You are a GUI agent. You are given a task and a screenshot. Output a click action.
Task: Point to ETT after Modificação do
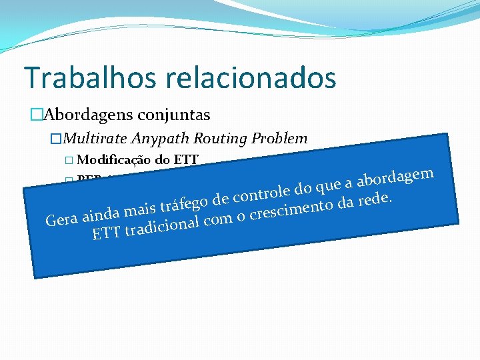click(186, 160)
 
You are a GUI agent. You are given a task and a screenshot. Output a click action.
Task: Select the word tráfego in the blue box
click(185, 202)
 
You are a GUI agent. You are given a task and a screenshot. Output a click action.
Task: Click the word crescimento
click(293, 209)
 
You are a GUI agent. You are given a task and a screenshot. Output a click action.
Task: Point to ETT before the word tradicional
click(107, 234)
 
